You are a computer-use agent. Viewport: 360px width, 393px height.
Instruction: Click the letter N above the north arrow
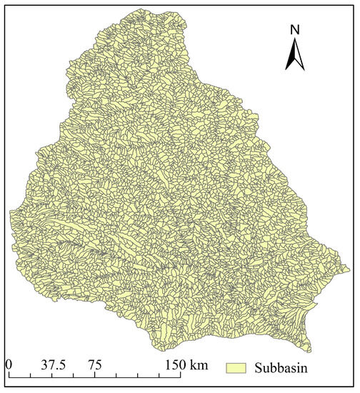pos(294,30)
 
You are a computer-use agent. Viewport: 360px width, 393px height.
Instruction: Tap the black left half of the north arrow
pos(290,57)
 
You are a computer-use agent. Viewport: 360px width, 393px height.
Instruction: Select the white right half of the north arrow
pos(299,57)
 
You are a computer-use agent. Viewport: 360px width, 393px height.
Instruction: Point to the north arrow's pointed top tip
pos(294,39)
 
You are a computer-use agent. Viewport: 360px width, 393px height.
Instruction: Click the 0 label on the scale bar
pos(9,364)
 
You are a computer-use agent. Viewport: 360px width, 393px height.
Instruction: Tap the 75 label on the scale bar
pos(94,364)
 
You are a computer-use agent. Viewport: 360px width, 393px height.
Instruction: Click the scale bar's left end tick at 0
pos(9,374)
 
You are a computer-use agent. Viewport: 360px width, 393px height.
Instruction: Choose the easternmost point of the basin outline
pos(351,270)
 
